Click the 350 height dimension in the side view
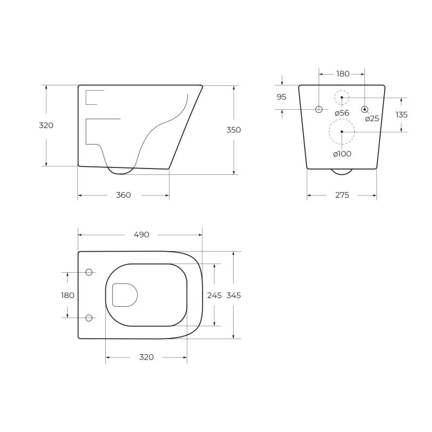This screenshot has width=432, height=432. tap(233, 130)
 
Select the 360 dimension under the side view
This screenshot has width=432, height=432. tap(123, 195)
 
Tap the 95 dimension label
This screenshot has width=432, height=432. tap(281, 97)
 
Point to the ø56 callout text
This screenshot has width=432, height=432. tap(342, 113)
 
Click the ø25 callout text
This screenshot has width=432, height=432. tap(372, 119)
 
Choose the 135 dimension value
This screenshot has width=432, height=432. tap(401, 114)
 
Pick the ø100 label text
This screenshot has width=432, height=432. tap(342, 154)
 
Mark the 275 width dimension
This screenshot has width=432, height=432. tap(342, 195)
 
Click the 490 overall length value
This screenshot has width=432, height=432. tap(141, 234)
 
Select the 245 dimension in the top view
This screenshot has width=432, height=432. tap(214, 295)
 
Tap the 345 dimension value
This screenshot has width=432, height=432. tap(233, 295)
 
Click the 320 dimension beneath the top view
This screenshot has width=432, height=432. tap(146, 357)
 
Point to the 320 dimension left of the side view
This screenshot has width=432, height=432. tap(46, 125)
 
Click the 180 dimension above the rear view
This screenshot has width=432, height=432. tap(342, 73)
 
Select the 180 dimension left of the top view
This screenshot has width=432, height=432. tap(67, 295)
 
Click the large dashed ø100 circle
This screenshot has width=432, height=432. tap(342, 132)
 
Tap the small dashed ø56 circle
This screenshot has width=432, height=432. tap(342, 97)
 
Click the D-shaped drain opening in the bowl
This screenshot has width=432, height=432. tap(124, 295)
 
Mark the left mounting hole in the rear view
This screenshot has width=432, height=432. tap(319, 109)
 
